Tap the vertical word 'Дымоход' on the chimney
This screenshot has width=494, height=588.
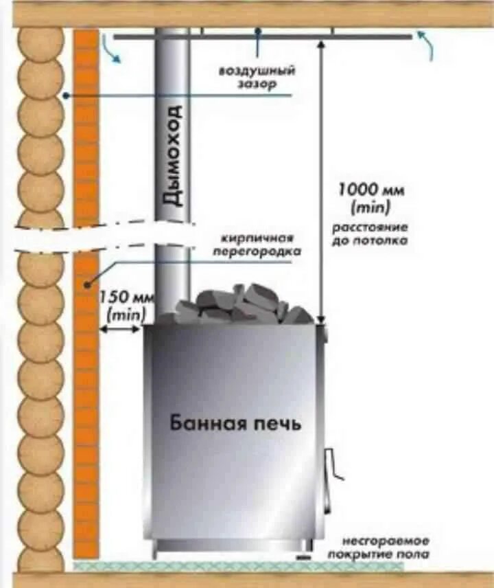[x=174, y=156]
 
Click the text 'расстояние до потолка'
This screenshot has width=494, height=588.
[x=371, y=234]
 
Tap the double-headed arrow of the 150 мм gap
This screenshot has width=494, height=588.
[x=121, y=329]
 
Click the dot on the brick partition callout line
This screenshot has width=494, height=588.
[x=87, y=282]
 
